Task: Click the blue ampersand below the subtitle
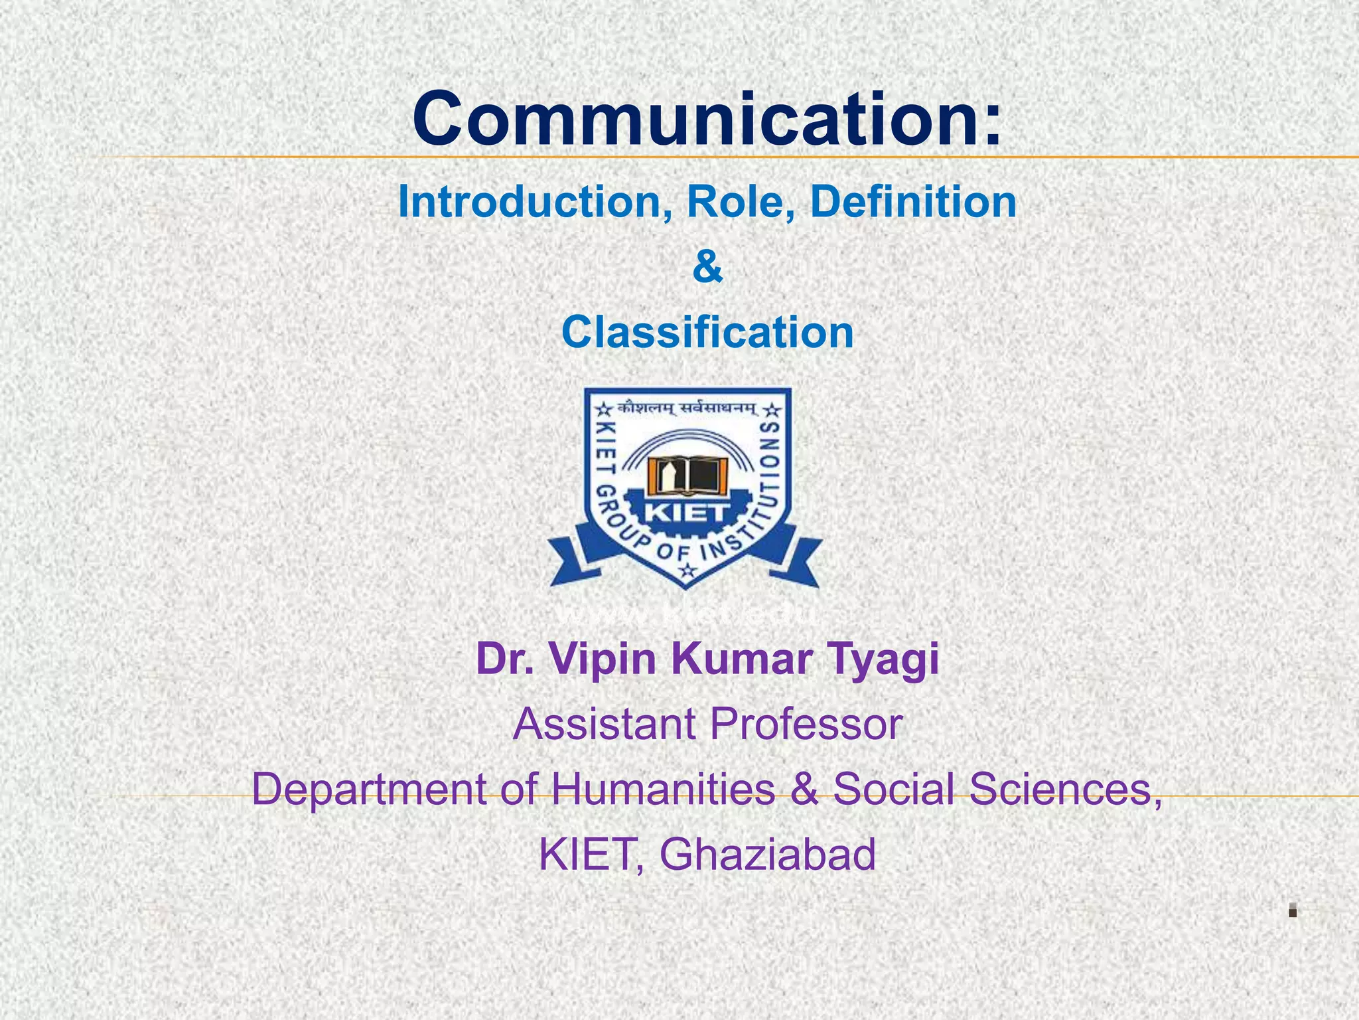[707, 268]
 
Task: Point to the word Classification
[707, 332]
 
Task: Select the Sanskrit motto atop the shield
[686, 408]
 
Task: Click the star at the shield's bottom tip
[687, 570]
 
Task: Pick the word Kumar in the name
[733, 659]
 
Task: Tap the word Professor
[806, 724]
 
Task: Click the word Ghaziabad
[767, 854]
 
